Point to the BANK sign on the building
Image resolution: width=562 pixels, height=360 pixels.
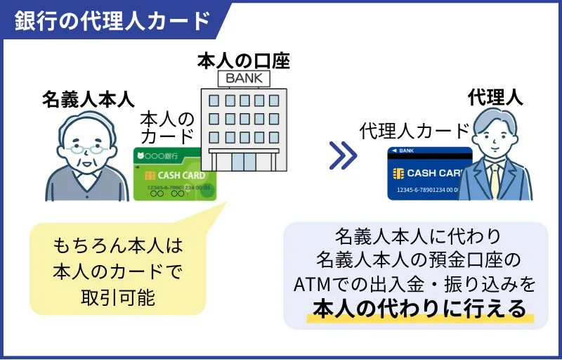point(242,77)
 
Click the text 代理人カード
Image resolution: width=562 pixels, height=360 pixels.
point(414,131)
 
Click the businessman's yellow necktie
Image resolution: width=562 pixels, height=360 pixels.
point(495,181)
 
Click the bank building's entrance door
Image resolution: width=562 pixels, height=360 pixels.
point(243,162)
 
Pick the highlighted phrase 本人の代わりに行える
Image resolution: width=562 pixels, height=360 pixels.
point(419,309)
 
